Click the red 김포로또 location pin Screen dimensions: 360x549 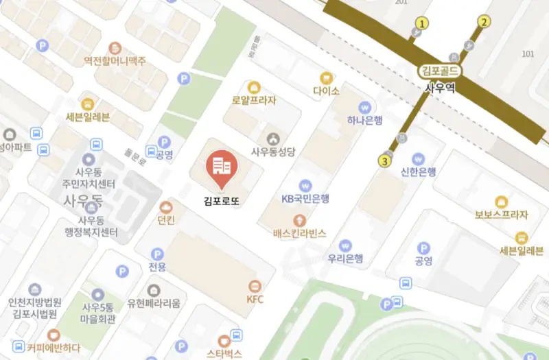tap(221, 167)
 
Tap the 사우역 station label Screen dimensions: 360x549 tap(441, 87)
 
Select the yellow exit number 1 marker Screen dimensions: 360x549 tap(422, 23)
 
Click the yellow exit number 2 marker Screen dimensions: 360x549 tap(484, 22)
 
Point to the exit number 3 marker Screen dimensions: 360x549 tap(385, 161)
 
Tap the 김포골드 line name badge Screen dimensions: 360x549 tap(441, 71)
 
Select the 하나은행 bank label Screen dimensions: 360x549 tap(364, 121)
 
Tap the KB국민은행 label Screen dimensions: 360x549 tap(306, 199)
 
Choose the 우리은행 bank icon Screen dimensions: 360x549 tap(345, 245)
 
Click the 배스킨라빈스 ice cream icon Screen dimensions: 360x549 tap(299, 220)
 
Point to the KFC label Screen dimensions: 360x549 tap(255, 299)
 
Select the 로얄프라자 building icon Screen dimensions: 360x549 tap(254, 87)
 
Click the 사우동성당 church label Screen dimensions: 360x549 tap(273, 152)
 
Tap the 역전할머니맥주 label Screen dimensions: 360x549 tap(115, 61)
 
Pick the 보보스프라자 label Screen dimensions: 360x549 tap(502, 215)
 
